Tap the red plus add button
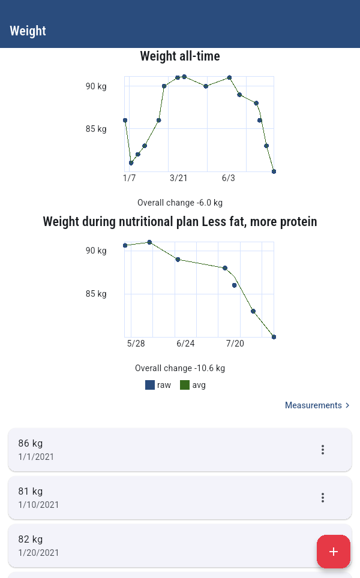tap(334, 552)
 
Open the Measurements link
tap(317, 405)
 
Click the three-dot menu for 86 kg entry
tap(323, 450)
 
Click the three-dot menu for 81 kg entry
tap(323, 498)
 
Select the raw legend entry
tap(158, 385)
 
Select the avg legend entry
tap(193, 385)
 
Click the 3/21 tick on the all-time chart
tap(179, 178)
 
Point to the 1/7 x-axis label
tap(130, 178)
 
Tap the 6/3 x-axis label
tap(229, 178)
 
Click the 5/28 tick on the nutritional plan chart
tap(136, 344)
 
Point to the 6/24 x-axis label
tap(185, 344)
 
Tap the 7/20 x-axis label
tap(235, 344)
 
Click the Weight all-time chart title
tap(180, 56)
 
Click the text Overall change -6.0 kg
tap(180, 203)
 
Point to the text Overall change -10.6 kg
tap(180, 368)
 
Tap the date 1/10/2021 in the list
tap(39, 505)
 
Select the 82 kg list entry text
tap(31, 539)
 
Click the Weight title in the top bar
tap(28, 31)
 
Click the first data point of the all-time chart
tap(125, 120)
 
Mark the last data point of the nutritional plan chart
tap(274, 337)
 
